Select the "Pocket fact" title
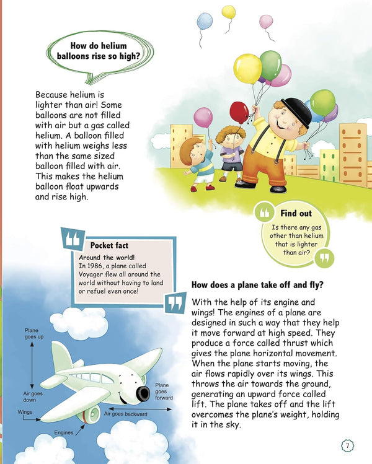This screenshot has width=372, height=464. [x=109, y=245]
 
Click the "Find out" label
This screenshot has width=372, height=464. [x=296, y=213]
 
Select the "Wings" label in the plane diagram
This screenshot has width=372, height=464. [x=25, y=411]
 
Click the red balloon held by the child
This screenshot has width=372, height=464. [x=239, y=112]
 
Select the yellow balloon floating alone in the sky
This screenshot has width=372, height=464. [x=229, y=12]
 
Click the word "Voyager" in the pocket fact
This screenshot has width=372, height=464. [x=93, y=274]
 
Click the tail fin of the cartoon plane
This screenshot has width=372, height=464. [x=61, y=355]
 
